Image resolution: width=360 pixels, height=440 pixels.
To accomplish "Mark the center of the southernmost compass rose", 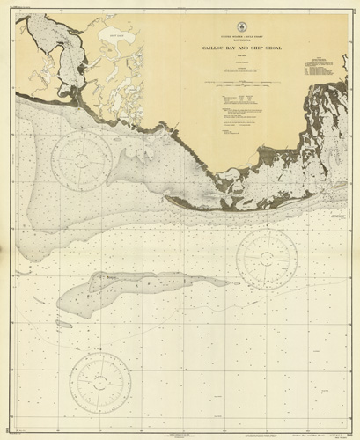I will [99, 380].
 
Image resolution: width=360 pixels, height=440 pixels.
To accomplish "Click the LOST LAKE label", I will [107, 55].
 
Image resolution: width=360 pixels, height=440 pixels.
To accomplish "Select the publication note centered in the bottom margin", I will [180, 426].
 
